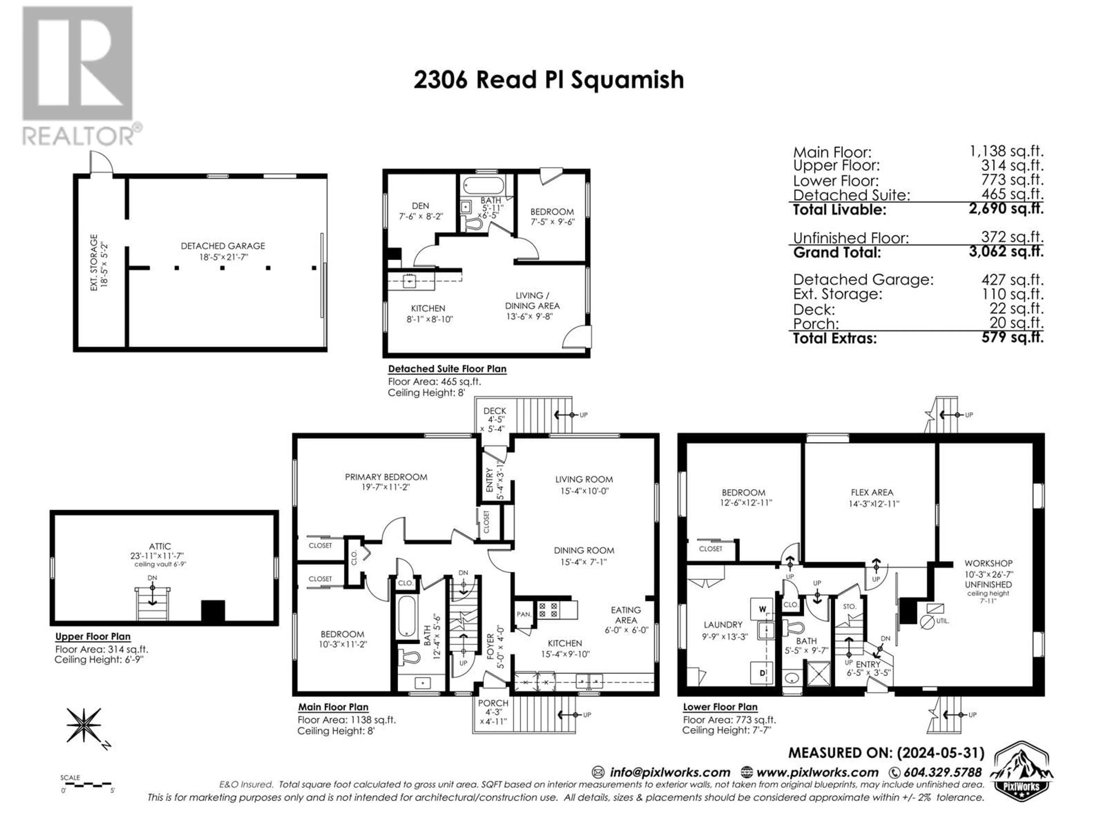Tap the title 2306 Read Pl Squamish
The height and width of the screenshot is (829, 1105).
tap(548, 80)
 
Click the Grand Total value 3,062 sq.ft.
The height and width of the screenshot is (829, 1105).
tap(1006, 251)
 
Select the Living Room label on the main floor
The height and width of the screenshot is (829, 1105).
tap(584, 479)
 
